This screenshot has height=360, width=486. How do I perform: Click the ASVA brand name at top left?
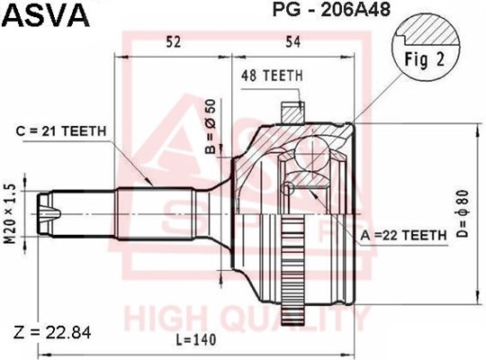(x=46, y=14)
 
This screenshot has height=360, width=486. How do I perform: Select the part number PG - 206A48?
(x=331, y=9)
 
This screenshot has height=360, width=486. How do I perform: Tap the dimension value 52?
(x=173, y=42)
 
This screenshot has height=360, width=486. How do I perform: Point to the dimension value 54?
(x=292, y=42)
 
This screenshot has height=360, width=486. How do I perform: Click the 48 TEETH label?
(x=272, y=76)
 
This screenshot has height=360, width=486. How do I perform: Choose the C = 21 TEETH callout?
(x=61, y=131)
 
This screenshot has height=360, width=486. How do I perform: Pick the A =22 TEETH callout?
(x=403, y=236)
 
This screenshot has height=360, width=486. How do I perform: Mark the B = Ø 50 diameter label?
(x=211, y=127)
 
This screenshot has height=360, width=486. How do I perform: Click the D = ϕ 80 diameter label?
(x=463, y=214)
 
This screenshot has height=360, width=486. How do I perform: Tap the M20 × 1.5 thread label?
(x=10, y=213)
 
